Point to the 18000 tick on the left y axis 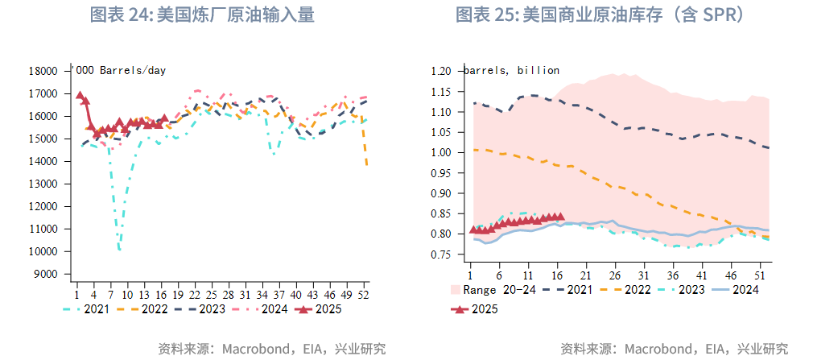(43, 71)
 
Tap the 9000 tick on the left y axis (47, 274)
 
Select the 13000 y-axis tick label (43, 184)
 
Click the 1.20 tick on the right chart (442, 71)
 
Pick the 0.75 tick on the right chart (442, 254)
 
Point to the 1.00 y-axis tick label (442, 152)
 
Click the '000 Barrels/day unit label (121, 70)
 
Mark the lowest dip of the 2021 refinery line (119, 250)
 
